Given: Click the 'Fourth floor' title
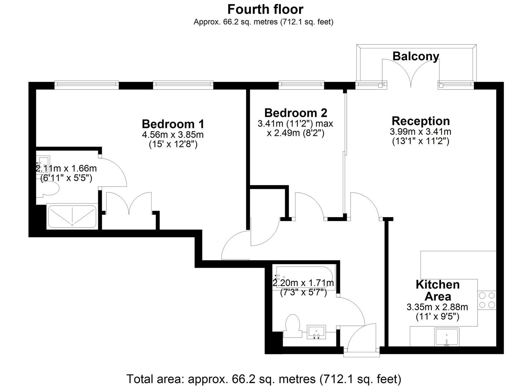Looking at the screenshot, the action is [x=265, y=10].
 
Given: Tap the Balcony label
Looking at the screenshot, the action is [x=416, y=57].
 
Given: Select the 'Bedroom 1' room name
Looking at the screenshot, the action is [x=173, y=124].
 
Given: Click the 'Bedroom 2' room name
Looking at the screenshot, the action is [x=296, y=113].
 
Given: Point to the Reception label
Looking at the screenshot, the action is [x=421, y=121].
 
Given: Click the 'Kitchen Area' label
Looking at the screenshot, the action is [x=438, y=290].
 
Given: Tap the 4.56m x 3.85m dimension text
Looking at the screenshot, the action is [x=173, y=135].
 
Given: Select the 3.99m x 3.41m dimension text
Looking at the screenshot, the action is [x=420, y=132].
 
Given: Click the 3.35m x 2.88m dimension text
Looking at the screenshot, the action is [x=437, y=307].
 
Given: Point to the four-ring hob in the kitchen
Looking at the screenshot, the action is [x=487, y=300].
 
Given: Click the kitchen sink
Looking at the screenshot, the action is [x=447, y=337].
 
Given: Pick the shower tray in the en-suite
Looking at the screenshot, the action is [x=72, y=216].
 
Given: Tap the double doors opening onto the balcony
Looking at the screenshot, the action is [x=411, y=72].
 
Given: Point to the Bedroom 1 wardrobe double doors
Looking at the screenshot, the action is [x=129, y=204].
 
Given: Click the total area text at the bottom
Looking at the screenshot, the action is [x=264, y=379].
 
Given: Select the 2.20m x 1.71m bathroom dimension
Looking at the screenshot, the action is [x=303, y=283].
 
